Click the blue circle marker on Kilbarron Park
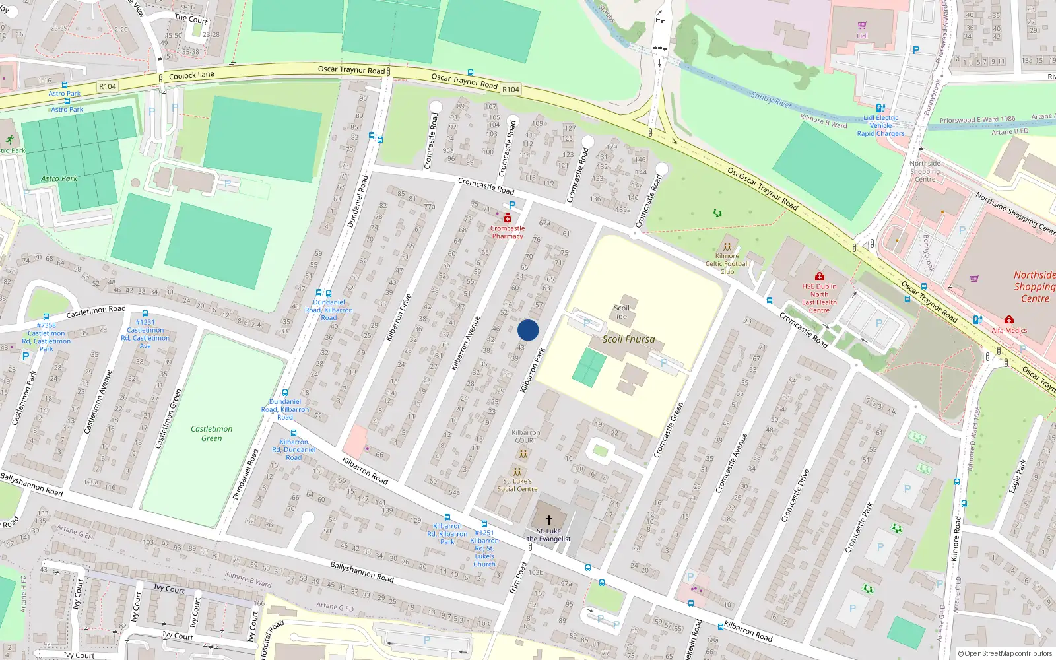[x=528, y=330]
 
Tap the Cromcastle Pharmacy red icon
[x=507, y=218]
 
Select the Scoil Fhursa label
[x=628, y=339]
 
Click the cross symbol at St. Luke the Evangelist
[x=548, y=520]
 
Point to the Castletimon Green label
[x=211, y=434]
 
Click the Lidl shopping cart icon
[x=862, y=26]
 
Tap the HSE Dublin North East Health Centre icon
[x=819, y=276]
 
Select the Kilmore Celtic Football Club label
[x=727, y=263]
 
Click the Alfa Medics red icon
[x=1008, y=320]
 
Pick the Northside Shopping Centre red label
[x=1034, y=286]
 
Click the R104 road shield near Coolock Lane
[x=107, y=86]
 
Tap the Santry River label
[x=771, y=100]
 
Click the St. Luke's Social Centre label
[x=517, y=485]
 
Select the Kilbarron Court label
[x=525, y=436]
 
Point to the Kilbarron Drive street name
[x=399, y=317]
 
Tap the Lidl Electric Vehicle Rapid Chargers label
[x=880, y=125]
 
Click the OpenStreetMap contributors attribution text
[x=1007, y=653]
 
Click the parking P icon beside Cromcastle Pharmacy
[x=511, y=205]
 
